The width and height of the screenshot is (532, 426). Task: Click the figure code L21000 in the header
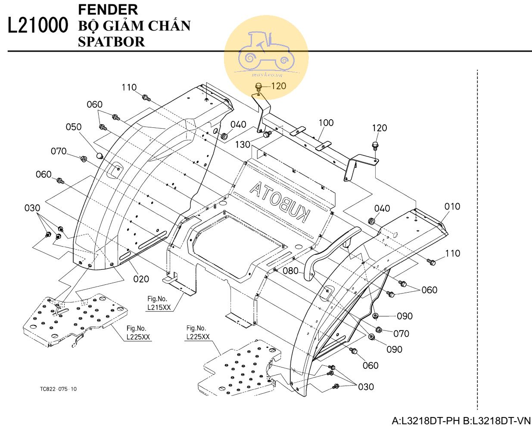[38, 26]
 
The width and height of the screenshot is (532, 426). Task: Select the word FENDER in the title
[108, 9]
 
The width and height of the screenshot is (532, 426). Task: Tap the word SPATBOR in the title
[111, 42]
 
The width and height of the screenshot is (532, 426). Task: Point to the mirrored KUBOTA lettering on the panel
[280, 202]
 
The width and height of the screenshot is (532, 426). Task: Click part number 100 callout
[326, 123]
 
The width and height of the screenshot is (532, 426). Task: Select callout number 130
[243, 144]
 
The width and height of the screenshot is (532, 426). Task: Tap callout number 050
[73, 127]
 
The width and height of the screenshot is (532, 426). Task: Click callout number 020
[141, 279]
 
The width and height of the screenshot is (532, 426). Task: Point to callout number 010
[452, 207]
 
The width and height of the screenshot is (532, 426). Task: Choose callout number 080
[290, 271]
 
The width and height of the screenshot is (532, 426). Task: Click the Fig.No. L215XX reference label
[158, 303]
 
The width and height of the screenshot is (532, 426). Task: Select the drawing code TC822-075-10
[58, 389]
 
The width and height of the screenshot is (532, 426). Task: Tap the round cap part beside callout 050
[100, 155]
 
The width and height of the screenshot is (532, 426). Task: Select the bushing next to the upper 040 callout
[224, 136]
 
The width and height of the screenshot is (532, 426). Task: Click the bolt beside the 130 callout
[267, 135]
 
